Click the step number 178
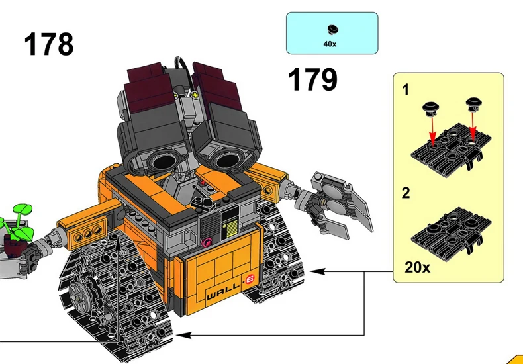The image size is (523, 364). point(49,44)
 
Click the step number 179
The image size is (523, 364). point(312,80)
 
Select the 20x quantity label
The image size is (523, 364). point(417,267)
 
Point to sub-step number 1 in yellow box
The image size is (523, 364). point(406,90)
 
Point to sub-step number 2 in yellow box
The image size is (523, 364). point(406,193)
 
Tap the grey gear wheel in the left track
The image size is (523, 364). point(85,294)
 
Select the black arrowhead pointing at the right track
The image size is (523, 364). point(315,271)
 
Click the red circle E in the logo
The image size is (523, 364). point(250,280)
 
